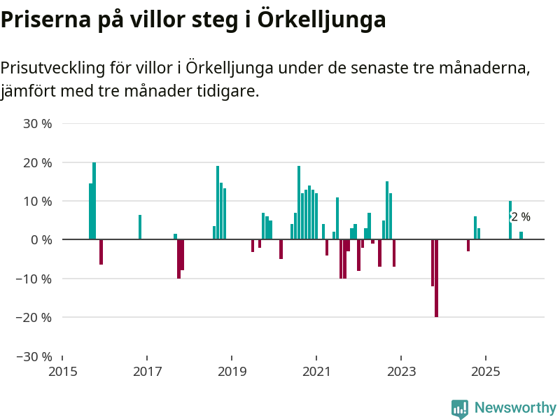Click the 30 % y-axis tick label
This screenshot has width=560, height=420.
click(x=38, y=124)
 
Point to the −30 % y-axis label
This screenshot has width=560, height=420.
click(x=34, y=356)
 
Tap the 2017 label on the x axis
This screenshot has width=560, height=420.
click(x=147, y=370)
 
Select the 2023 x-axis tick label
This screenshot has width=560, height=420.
click(x=401, y=370)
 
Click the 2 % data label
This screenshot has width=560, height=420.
click(x=521, y=217)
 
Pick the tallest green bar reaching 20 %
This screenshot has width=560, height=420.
click(x=94, y=201)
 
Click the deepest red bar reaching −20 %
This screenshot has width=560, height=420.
click(x=436, y=278)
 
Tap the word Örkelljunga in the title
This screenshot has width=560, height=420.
click(x=322, y=20)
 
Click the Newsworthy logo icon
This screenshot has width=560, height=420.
click(x=459, y=409)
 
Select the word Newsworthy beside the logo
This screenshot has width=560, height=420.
click(x=515, y=407)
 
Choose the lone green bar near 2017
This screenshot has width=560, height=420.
click(x=140, y=227)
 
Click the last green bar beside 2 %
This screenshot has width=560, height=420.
click(x=521, y=235)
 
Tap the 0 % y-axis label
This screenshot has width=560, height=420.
click(x=41, y=240)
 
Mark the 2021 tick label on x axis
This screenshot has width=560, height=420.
click(x=316, y=370)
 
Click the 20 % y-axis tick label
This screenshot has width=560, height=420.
click(x=38, y=162)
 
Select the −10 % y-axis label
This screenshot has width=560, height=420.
click(x=34, y=279)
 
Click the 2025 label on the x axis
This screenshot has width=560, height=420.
click(x=486, y=370)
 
